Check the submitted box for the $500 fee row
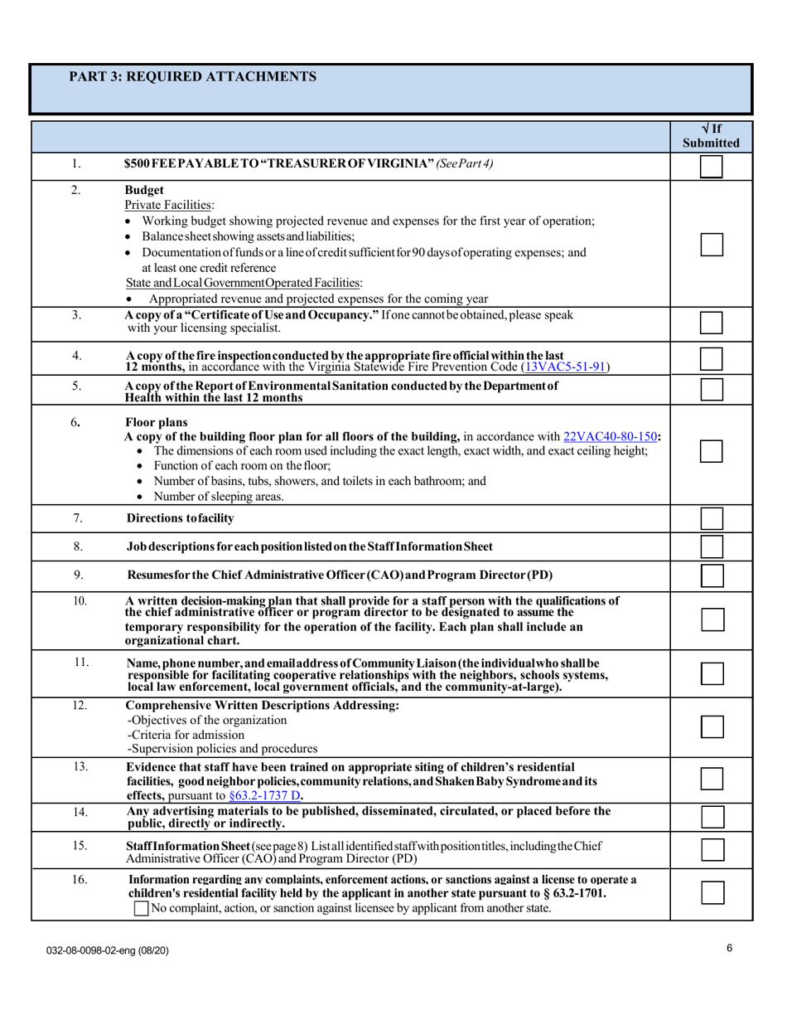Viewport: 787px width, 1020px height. [x=712, y=166]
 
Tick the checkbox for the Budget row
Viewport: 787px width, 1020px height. [x=712, y=244]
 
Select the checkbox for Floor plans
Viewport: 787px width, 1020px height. [x=712, y=451]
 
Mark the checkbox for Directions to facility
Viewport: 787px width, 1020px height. [x=712, y=519]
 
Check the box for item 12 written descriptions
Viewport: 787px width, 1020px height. [x=712, y=726]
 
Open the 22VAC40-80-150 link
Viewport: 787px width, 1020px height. [x=611, y=435]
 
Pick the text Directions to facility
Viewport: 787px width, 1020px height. [x=180, y=519]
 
